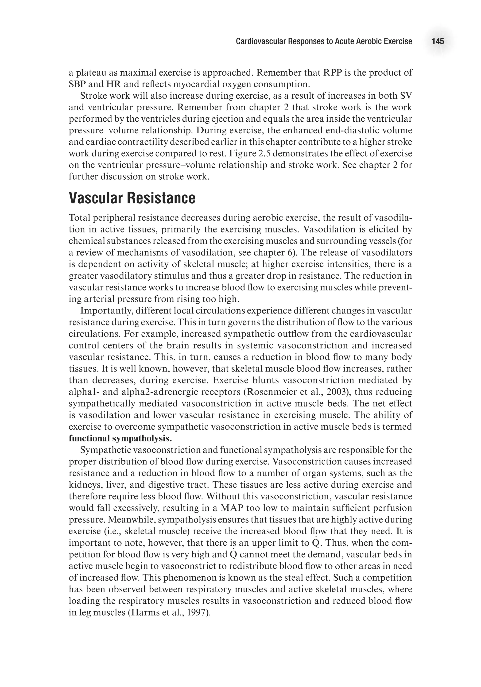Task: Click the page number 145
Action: [438, 41]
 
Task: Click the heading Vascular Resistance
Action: [132, 198]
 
